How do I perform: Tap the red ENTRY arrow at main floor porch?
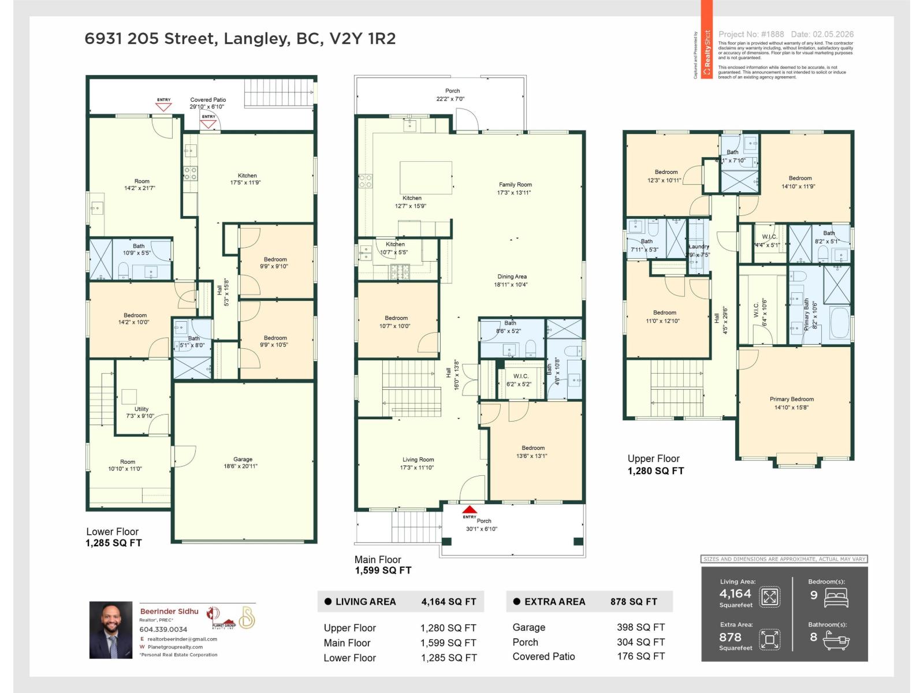coord(470,510)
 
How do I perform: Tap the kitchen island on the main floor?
coord(426,177)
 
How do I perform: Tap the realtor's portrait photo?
coord(111,630)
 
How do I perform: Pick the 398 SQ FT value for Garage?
coord(640,627)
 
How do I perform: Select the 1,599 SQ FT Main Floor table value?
coord(448,643)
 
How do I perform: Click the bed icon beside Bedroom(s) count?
coord(836,597)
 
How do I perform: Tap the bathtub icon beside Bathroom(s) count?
coord(836,639)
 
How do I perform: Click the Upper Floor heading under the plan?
coord(653,459)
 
